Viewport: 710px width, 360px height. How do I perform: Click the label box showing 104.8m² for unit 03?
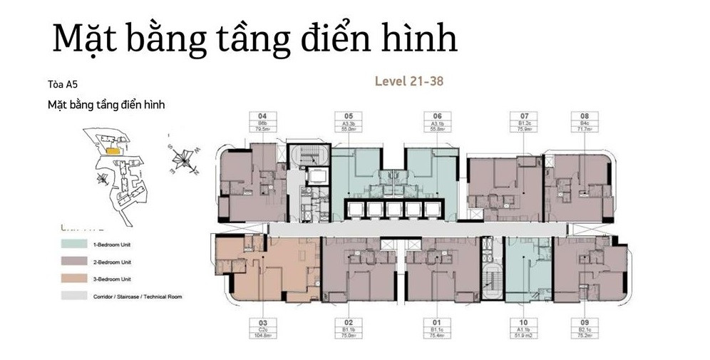click(x=262, y=329)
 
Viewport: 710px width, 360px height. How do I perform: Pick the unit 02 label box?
click(x=349, y=329)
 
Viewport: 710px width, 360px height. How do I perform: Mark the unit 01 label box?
click(x=437, y=329)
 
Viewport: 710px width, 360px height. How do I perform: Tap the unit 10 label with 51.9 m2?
click(x=524, y=329)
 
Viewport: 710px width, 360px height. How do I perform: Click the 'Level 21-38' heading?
click(x=408, y=81)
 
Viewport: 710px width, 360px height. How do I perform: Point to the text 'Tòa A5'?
click(x=61, y=84)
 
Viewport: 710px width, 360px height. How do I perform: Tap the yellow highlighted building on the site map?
click(x=111, y=151)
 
